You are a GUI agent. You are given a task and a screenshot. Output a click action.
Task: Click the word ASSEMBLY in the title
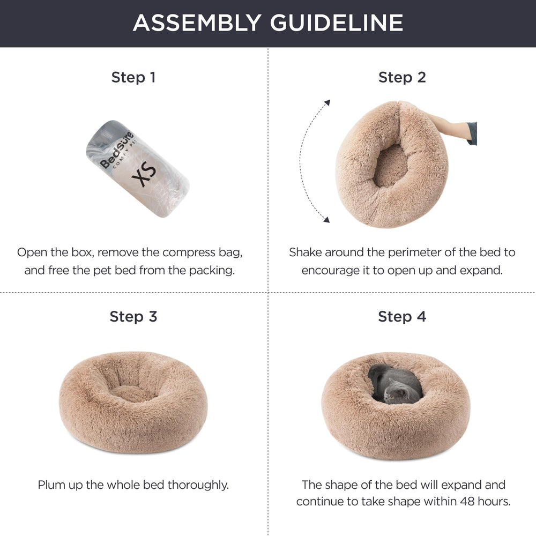point(197,23)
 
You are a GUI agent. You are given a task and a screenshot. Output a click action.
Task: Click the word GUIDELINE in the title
point(337,23)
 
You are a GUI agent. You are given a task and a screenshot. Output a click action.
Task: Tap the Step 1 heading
point(133,77)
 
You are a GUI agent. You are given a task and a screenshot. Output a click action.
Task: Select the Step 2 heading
point(402,77)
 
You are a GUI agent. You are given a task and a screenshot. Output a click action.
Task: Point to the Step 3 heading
point(133,316)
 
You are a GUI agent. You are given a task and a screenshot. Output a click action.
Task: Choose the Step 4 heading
point(402,316)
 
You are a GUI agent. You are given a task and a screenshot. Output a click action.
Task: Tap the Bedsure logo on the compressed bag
point(117,150)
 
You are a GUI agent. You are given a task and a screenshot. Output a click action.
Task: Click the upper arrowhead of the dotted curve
point(328,102)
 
